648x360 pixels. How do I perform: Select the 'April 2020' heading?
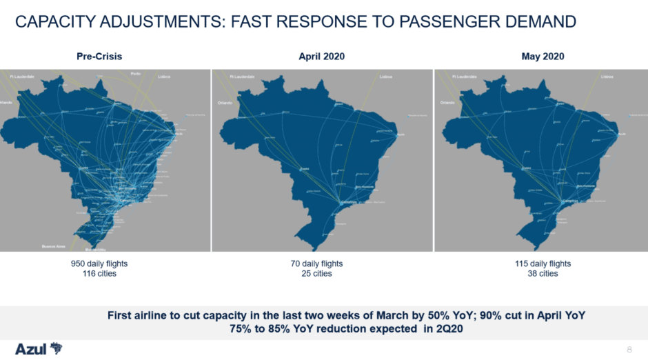tap(321, 57)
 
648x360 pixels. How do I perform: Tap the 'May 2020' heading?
tap(543, 57)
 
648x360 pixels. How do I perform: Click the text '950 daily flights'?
tap(99, 263)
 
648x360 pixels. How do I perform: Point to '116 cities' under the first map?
tap(99, 274)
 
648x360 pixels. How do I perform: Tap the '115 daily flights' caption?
tap(543, 263)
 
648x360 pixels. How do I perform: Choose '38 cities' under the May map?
tap(543, 274)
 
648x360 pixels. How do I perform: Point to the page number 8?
tap(629, 350)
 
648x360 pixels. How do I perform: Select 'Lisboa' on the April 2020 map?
tap(386, 77)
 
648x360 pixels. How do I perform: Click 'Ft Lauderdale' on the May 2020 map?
tap(464, 77)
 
